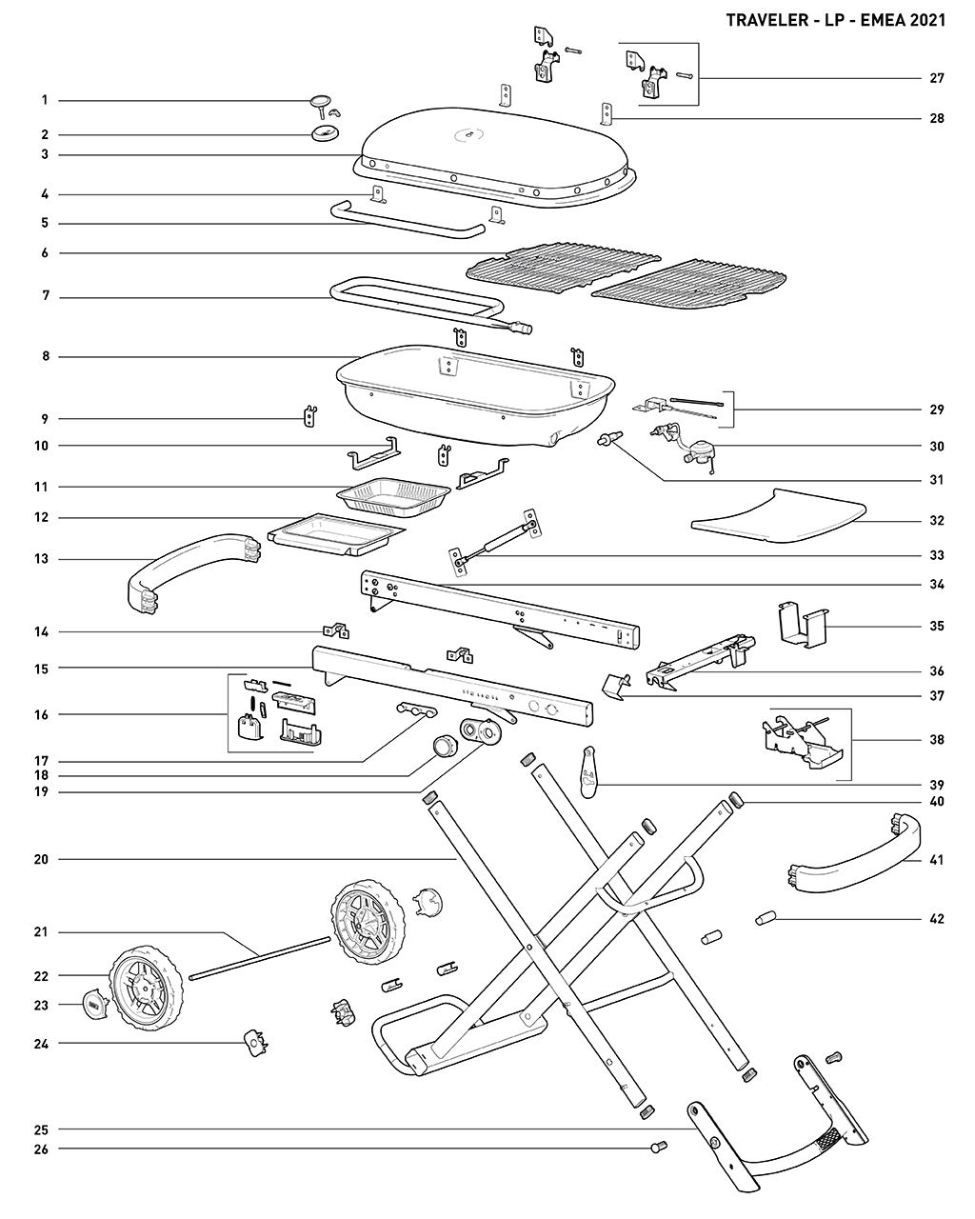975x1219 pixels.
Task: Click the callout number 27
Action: [x=937, y=78]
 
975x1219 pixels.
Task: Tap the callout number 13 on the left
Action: [x=44, y=559]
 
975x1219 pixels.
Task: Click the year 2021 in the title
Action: [x=927, y=20]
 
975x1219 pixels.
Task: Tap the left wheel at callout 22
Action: [x=146, y=992]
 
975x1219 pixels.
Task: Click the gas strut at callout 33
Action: [x=494, y=540]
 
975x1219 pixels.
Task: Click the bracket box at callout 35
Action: [x=800, y=622]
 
